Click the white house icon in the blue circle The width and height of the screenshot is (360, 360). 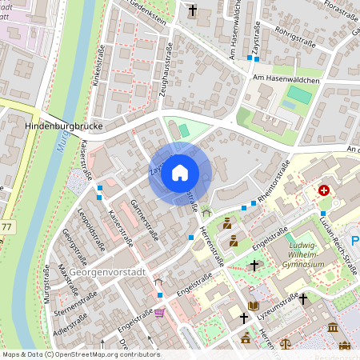(x=180, y=172)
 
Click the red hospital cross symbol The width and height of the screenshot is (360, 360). (x=324, y=190)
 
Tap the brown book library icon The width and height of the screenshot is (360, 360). (x=254, y=305)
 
